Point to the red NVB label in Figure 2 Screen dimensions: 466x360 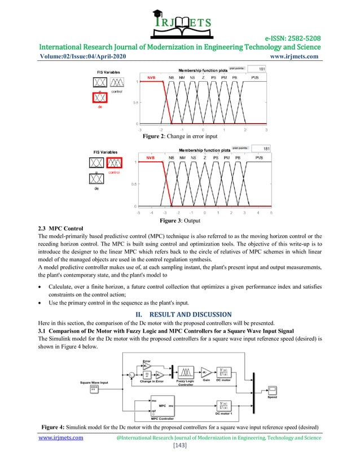point(151,77)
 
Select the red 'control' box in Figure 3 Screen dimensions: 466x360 point(115,163)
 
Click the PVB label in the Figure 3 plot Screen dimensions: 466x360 point(259,157)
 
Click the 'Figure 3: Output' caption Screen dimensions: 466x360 point(179,221)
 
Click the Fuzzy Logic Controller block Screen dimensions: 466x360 point(187,373)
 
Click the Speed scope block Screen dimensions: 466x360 point(272,390)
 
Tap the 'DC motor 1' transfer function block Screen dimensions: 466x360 point(225,406)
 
